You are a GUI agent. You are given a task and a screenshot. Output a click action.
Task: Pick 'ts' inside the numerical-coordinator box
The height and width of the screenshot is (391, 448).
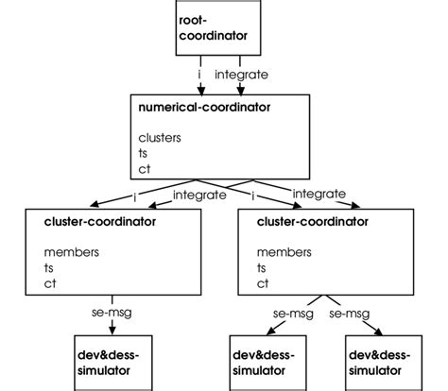(144, 153)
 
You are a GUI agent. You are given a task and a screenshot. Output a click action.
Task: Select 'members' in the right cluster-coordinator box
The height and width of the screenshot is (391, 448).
(281, 252)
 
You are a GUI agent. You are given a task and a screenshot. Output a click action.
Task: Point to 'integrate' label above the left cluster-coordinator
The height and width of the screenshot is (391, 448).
(198, 195)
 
